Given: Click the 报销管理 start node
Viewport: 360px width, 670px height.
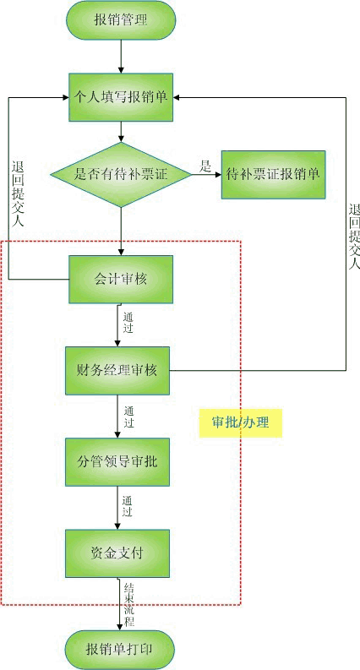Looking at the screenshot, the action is (x=121, y=20).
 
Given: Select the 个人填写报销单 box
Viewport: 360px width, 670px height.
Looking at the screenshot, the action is (x=121, y=97).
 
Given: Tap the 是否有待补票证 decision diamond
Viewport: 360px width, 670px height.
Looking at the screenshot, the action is (x=121, y=174).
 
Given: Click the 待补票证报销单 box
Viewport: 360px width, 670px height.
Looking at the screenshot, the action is (x=273, y=174).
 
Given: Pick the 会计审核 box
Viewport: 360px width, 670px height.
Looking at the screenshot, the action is (x=121, y=280).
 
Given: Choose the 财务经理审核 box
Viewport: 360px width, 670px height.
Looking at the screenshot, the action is (x=117, y=370).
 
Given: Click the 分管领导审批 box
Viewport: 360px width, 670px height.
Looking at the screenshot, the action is (x=117, y=462).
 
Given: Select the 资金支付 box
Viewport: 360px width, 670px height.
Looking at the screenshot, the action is (x=117, y=553).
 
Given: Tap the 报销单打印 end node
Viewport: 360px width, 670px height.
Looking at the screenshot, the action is (x=120, y=650).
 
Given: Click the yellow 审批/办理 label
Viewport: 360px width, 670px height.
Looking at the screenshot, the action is (x=241, y=422).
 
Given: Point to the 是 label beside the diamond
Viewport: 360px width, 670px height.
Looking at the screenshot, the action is (x=205, y=166).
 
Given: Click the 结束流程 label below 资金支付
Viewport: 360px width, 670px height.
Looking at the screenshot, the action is (x=129, y=604).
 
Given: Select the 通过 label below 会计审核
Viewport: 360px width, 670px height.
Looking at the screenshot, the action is (x=128, y=323).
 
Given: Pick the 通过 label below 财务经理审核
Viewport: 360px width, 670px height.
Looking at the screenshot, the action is (x=129, y=417).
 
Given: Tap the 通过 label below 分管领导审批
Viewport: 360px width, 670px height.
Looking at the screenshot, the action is (x=127, y=507).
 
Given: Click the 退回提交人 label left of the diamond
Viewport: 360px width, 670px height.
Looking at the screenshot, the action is (x=18, y=193).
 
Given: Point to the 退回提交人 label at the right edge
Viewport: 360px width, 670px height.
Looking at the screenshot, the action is (x=354, y=237).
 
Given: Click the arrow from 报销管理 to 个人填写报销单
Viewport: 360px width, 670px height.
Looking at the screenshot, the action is (x=121, y=57).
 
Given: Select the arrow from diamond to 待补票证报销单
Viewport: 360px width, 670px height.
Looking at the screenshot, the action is (x=206, y=174).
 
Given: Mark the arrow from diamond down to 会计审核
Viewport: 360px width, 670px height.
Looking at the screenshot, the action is (x=121, y=232).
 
